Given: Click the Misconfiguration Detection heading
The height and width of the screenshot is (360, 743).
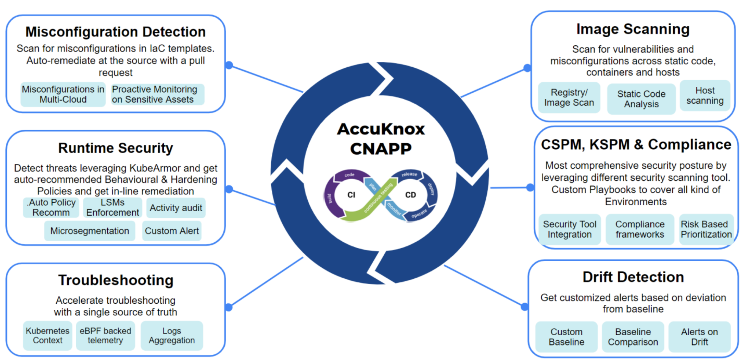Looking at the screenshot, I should pos(116,32).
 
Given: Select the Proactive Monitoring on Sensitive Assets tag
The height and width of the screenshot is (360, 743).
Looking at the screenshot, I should pos(157,94).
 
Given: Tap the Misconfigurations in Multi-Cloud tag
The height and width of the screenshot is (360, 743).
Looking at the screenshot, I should pos(63,94).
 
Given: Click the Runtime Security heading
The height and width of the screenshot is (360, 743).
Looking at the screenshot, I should pos(116,148).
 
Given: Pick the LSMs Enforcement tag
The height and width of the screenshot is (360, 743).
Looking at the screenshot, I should pos(112,207).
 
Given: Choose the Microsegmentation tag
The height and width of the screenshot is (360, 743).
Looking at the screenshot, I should pos(90,231).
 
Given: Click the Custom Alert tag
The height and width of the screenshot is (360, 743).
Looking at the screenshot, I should pos(171,231).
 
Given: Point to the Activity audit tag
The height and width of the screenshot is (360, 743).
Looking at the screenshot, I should pos(176,208).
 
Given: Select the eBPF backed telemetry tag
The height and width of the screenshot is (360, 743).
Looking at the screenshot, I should pos(106,336).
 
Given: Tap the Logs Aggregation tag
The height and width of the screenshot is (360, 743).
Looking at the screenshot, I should pos(171,336).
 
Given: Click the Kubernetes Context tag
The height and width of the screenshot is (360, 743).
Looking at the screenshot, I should pos(47,336).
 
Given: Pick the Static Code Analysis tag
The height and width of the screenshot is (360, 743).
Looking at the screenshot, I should pos(641,99).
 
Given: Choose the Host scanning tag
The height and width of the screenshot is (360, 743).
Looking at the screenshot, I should pos(704,96).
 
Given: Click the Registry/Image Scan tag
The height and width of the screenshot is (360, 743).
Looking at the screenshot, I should pos(569,97).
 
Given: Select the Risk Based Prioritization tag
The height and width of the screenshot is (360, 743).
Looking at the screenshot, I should pos(706,229).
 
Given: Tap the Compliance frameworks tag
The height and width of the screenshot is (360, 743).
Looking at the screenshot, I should pos(640,229).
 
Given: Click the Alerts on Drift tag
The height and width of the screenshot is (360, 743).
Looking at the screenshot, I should pos(699,337).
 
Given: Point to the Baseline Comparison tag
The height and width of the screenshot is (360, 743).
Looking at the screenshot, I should pos(633,337).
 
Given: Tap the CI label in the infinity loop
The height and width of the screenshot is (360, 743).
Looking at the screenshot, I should pos(351,195).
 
